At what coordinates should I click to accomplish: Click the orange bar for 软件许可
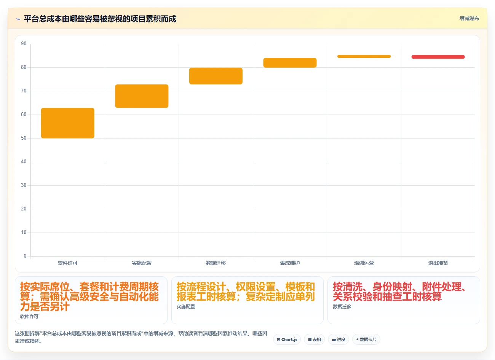click(x=68, y=123)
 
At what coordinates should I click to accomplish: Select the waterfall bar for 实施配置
click(x=142, y=96)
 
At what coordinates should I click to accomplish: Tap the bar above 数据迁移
click(x=216, y=76)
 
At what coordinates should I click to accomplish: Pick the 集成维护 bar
click(x=290, y=63)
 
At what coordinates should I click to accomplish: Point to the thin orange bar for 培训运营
click(x=364, y=56)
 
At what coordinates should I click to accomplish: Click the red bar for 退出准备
click(x=438, y=57)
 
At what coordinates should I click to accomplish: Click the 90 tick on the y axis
click(x=24, y=43)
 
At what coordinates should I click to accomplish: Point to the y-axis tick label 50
click(x=24, y=138)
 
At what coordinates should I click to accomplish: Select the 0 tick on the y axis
click(x=25, y=256)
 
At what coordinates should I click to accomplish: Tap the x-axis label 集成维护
click(x=290, y=263)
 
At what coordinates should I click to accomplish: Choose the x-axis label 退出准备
click(x=438, y=263)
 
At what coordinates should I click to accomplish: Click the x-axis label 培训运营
click(x=364, y=263)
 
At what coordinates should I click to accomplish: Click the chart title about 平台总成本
click(x=100, y=19)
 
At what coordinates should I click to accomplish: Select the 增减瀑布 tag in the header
click(x=469, y=18)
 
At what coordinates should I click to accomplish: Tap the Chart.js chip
click(x=287, y=339)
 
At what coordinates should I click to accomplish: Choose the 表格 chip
click(x=314, y=339)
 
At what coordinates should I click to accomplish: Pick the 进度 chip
click(x=339, y=339)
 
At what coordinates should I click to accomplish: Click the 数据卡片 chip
click(x=366, y=339)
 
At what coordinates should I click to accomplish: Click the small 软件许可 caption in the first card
click(x=29, y=317)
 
